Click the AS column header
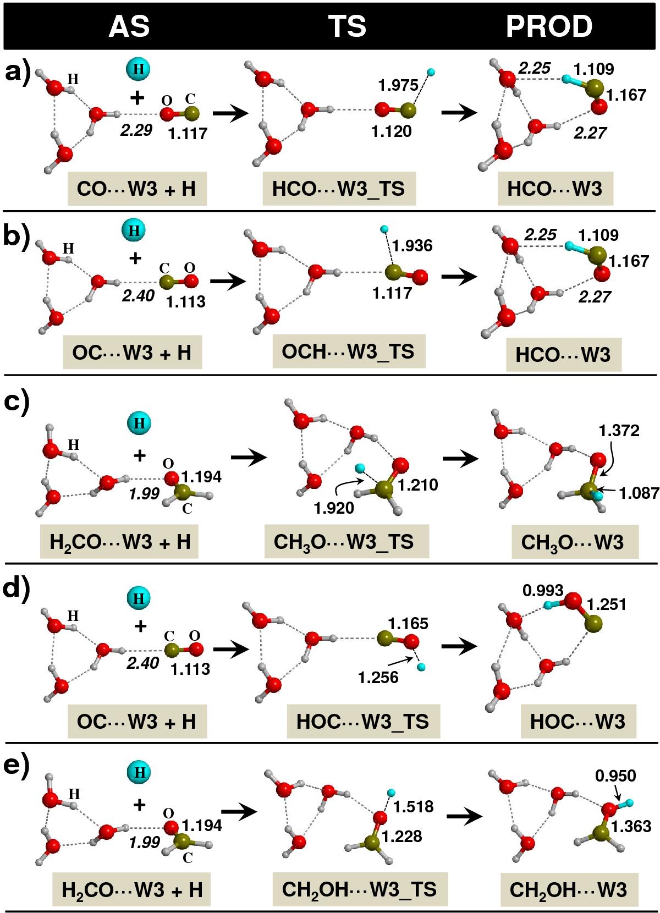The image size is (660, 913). click(x=129, y=26)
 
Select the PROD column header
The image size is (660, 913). click(x=549, y=26)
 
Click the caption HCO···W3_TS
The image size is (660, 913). click(x=338, y=189)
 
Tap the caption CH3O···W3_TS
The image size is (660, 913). click(x=344, y=542)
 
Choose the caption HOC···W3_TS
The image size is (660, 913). click(x=362, y=721)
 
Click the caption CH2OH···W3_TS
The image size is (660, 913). click(x=359, y=889)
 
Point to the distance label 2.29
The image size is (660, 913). click(x=135, y=131)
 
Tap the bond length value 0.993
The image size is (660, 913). click(x=543, y=591)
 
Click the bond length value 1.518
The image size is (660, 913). click(x=413, y=807)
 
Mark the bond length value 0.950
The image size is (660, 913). click(x=615, y=776)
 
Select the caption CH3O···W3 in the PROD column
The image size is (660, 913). click(x=572, y=543)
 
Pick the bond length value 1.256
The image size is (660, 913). click(x=378, y=677)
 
